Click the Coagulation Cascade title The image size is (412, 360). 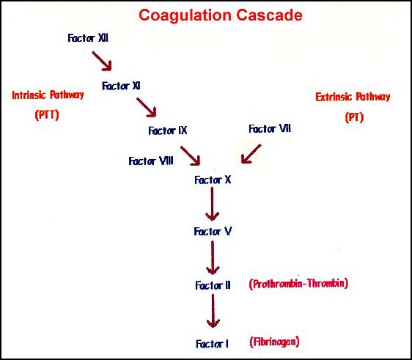(x=221, y=15)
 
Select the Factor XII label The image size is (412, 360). (x=88, y=38)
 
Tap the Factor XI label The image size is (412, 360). (x=121, y=86)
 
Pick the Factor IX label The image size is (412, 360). (x=168, y=131)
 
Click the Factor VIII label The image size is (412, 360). (x=151, y=161)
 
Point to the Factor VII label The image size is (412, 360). (x=270, y=129)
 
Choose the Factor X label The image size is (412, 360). (x=213, y=180)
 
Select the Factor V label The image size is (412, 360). (x=213, y=232)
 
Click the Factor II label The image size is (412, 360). (x=213, y=285)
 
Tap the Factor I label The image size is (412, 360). (x=213, y=344)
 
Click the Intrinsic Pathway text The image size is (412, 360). (x=48, y=95)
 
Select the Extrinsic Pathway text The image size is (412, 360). (x=353, y=97)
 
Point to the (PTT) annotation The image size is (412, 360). (x=47, y=115)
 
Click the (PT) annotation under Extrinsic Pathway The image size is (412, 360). (x=355, y=117)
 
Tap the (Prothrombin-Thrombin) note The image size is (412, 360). (x=298, y=284)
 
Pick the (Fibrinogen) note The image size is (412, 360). (x=274, y=342)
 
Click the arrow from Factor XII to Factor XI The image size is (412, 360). (x=102, y=62)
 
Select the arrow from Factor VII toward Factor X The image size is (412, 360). (x=251, y=154)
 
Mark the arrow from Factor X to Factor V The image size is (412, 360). (x=213, y=204)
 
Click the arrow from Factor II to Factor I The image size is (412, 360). (x=213, y=311)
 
